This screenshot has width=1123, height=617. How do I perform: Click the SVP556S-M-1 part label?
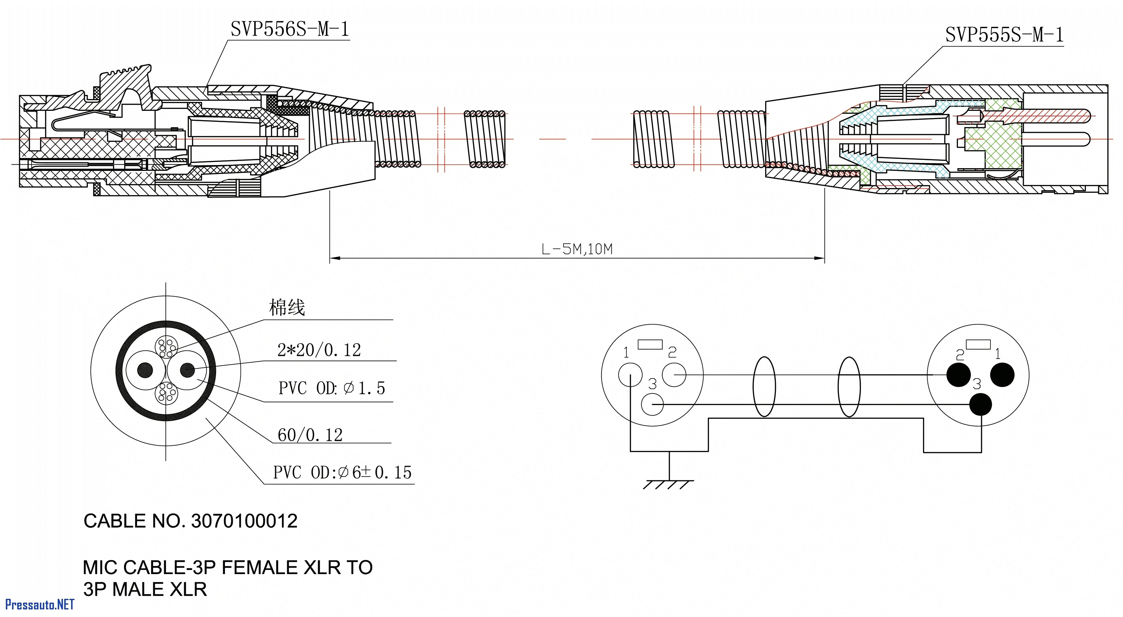290,30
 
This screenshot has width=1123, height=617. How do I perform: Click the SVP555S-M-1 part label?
1004,35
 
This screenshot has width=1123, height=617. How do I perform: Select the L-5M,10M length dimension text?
577,249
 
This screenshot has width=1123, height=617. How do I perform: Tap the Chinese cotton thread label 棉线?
287,307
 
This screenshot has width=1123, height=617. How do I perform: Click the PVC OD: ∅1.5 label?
332,388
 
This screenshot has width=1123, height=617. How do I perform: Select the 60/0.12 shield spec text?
310,435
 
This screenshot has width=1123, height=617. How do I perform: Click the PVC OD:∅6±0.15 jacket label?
342,472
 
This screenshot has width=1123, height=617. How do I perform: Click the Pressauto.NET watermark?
39,604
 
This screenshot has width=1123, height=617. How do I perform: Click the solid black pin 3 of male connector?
981,404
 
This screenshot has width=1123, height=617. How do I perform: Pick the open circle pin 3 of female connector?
653,404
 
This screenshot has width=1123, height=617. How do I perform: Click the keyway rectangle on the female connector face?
650,345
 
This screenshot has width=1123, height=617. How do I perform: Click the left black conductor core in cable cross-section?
145,370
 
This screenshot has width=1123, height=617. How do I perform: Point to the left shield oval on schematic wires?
764,386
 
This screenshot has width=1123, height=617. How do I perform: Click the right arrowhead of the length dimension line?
819,258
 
